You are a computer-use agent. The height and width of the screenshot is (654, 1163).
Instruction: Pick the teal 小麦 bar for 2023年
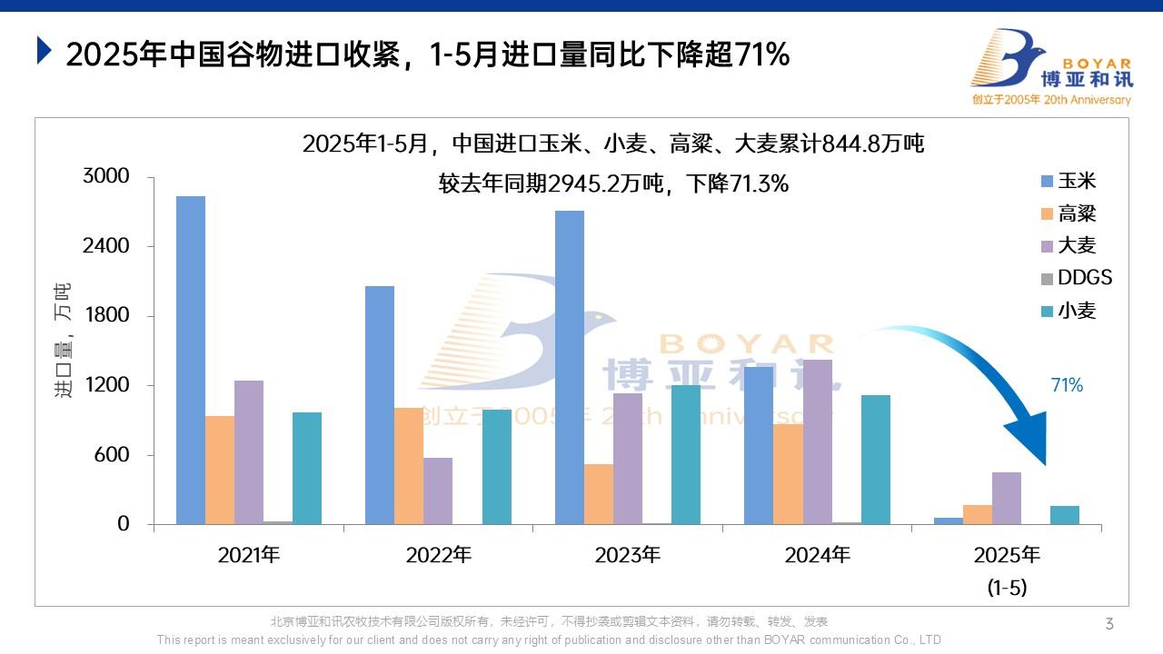(686, 454)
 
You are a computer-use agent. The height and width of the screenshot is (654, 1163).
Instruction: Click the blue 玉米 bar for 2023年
(569, 367)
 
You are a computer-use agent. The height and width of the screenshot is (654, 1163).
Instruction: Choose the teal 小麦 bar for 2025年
(1065, 515)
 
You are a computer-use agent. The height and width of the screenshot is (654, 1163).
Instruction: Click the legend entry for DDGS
(1077, 278)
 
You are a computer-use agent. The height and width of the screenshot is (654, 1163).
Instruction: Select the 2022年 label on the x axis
(439, 555)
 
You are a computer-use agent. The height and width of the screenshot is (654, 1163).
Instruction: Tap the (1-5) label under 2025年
(1007, 588)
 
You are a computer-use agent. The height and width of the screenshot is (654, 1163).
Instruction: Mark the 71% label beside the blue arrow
(1067, 385)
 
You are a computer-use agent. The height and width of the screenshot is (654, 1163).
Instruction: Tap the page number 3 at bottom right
(1109, 623)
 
